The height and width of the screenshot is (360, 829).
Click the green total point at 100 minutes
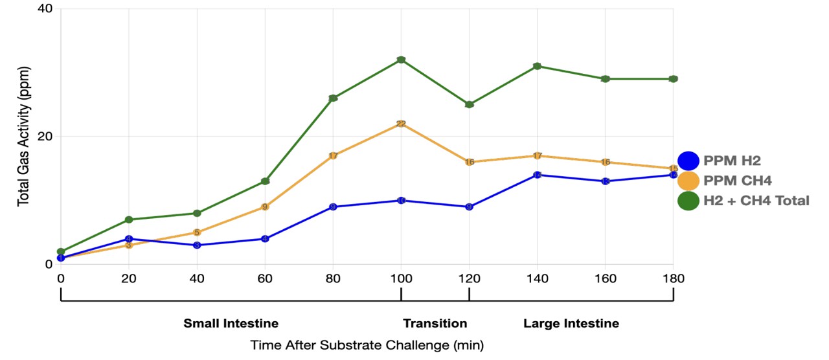[x=401, y=60]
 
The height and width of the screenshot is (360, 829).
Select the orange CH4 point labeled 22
[x=401, y=124]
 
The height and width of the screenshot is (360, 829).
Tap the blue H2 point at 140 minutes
[x=537, y=175]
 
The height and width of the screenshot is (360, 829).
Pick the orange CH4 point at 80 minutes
[x=333, y=156]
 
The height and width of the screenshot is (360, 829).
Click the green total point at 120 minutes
[x=469, y=104]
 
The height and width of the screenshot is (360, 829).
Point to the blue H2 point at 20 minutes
[x=129, y=239]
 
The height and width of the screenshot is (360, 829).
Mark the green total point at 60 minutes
[x=265, y=181]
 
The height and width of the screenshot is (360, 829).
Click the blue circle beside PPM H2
[x=688, y=161]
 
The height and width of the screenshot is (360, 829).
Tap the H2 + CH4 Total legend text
[x=756, y=201]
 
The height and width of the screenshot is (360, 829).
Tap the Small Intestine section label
[x=231, y=323]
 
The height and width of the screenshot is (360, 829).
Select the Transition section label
[x=435, y=323]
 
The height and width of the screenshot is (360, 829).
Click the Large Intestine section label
[x=571, y=323]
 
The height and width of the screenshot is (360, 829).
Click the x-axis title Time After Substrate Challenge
[x=367, y=345]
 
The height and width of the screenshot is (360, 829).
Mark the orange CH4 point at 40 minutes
[x=197, y=232]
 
